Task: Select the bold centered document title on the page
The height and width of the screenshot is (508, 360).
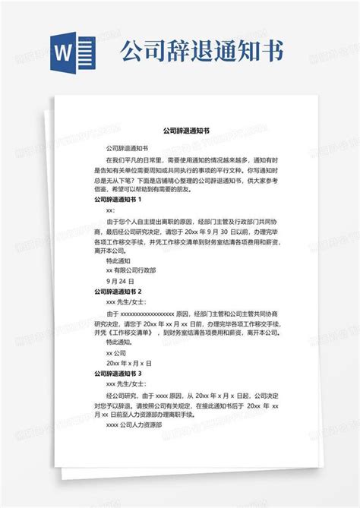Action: [x=181, y=131]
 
